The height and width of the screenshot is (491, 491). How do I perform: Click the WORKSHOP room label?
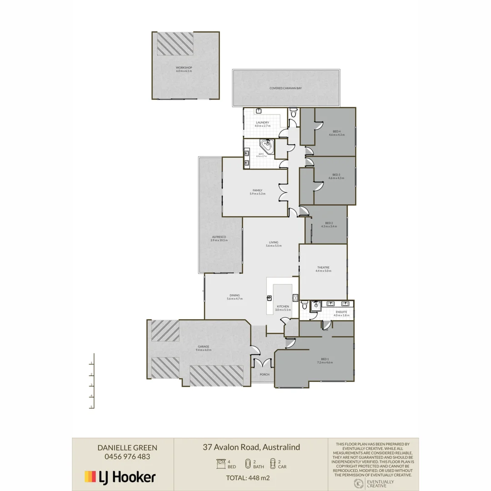click(x=184, y=68)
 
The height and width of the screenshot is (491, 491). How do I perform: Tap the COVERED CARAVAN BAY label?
click(x=286, y=88)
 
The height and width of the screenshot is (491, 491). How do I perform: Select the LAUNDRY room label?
click(x=262, y=123)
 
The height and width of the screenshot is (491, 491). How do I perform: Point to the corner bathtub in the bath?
click(x=267, y=146)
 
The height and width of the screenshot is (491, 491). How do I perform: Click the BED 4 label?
click(x=336, y=132)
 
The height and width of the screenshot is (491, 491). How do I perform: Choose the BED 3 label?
click(x=336, y=175)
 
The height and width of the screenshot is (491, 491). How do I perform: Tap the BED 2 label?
click(x=329, y=223)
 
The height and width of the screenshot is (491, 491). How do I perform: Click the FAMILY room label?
click(x=257, y=190)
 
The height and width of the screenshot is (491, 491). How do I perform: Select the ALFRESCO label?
click(x=219, y=237)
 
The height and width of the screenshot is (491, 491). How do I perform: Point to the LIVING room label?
click(x=273, y=243)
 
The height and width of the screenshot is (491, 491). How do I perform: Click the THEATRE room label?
click(x=323, y=268)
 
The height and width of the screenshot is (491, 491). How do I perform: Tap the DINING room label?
click(x=235, y=296)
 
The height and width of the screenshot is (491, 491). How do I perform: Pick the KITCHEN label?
click(x=283, y=307)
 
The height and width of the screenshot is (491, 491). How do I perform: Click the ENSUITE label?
click(x=341, y=312)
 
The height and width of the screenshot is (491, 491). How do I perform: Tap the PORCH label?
click(x=264, y=375)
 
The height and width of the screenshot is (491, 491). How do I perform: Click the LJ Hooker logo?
click(x=120, y=476)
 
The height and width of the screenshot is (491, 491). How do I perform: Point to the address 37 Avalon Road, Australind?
click(x=251, y=447)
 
